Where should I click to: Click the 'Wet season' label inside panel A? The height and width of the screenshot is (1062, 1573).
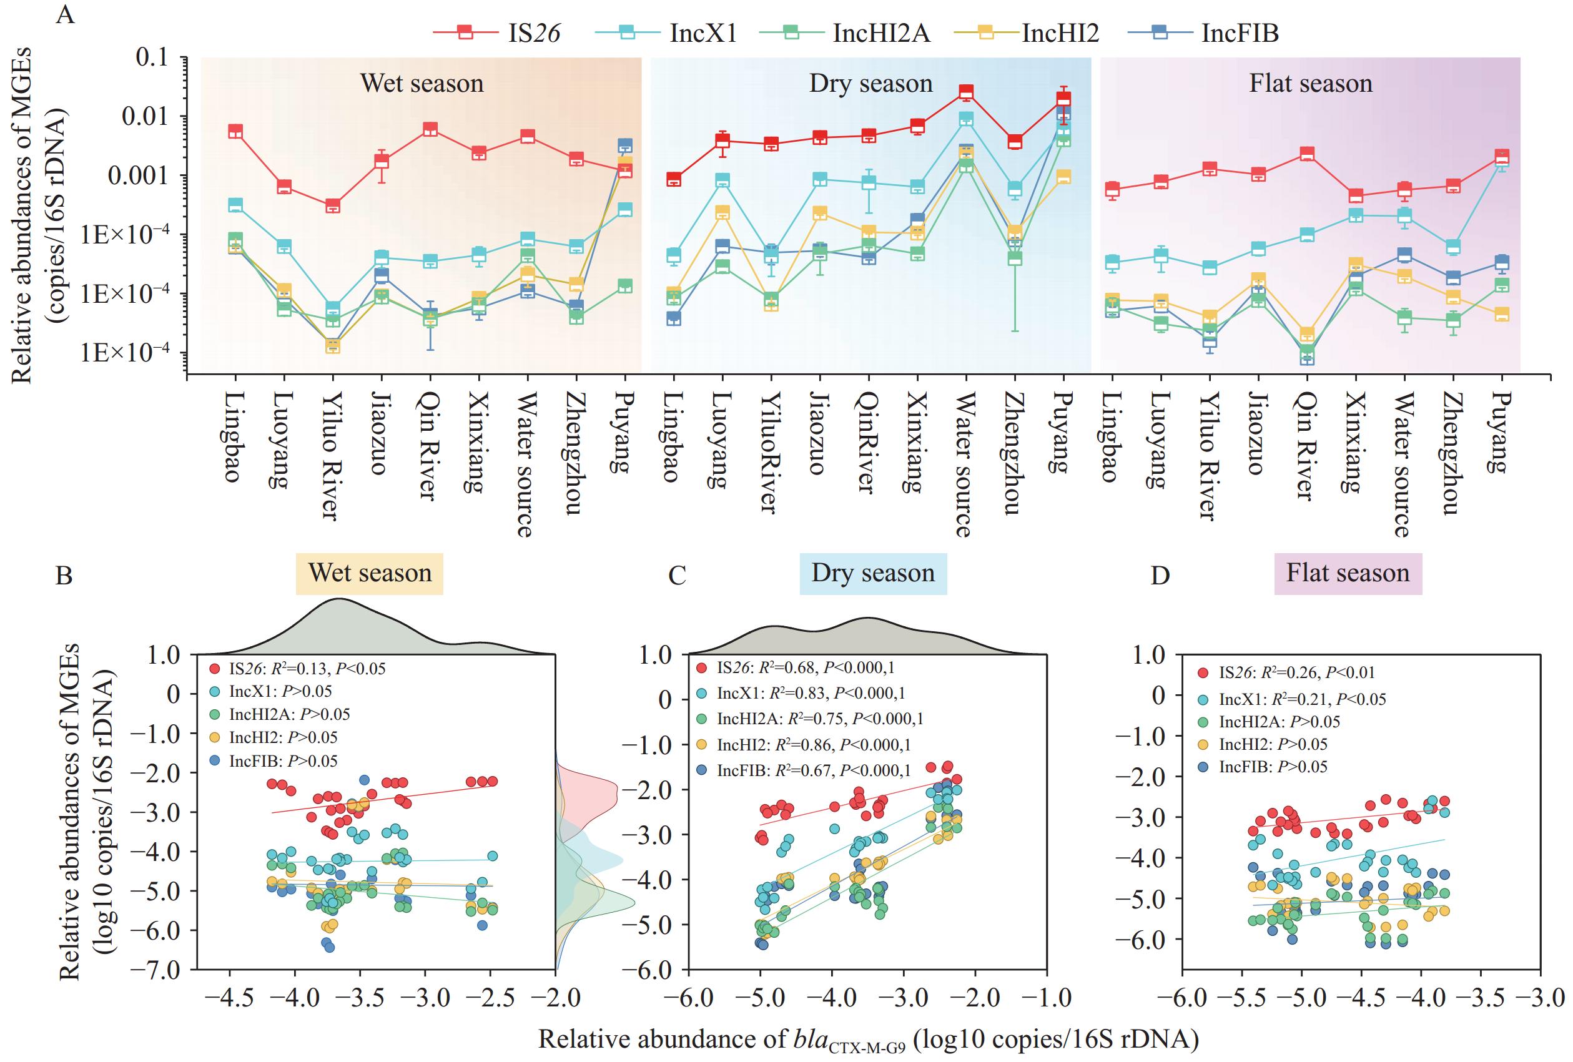click(422, 83)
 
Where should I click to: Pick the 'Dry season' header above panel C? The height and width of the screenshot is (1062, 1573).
click(872, 573)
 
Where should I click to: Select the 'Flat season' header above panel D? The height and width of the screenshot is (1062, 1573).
click(1348, 573)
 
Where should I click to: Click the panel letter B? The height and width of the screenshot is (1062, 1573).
click(64, 576)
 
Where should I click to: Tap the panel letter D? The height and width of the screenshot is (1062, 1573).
click(1160, 576)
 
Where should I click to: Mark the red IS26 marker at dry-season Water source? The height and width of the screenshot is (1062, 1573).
click(966, 92)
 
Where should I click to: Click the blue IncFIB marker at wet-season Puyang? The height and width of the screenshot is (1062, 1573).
click(624, 145)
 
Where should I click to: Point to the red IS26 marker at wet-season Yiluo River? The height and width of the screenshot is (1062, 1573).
click(332, 206)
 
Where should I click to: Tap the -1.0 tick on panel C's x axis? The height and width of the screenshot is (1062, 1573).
click(1047, 998)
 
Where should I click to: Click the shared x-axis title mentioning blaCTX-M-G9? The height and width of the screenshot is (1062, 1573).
click(868, 1040)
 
